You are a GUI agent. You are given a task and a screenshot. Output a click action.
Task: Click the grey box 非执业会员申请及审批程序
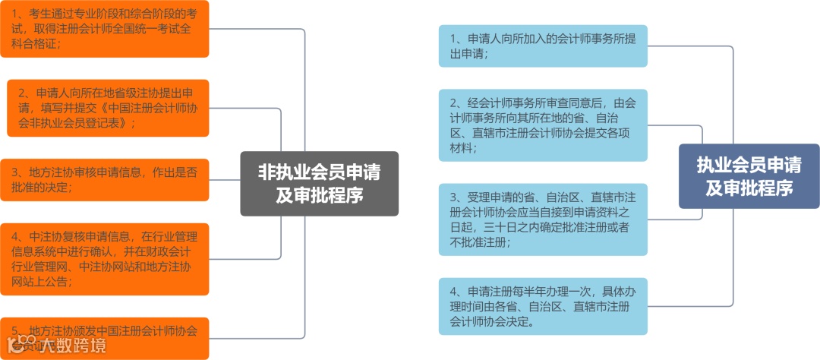[x=319, y=184]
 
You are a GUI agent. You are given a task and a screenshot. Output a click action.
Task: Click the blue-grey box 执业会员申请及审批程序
[x=749, y=175]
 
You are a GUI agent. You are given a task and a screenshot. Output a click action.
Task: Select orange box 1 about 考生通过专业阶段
[x=104, y=28]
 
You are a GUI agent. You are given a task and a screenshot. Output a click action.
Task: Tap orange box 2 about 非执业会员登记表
[x=108, y=107]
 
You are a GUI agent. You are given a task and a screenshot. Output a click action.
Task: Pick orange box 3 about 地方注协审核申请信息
[x=104, y=179]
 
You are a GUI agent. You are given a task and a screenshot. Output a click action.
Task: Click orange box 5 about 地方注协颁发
[x=104, y=336]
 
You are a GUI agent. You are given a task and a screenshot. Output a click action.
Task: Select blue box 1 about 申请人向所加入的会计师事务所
[x=543, y=46]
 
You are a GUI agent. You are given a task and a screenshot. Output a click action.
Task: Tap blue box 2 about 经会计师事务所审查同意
[x=543, y=125]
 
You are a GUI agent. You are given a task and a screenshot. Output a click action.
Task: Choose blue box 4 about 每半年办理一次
[x=543, y=306]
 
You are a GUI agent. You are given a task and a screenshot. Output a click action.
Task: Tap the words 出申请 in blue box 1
[x=466, y=53]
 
